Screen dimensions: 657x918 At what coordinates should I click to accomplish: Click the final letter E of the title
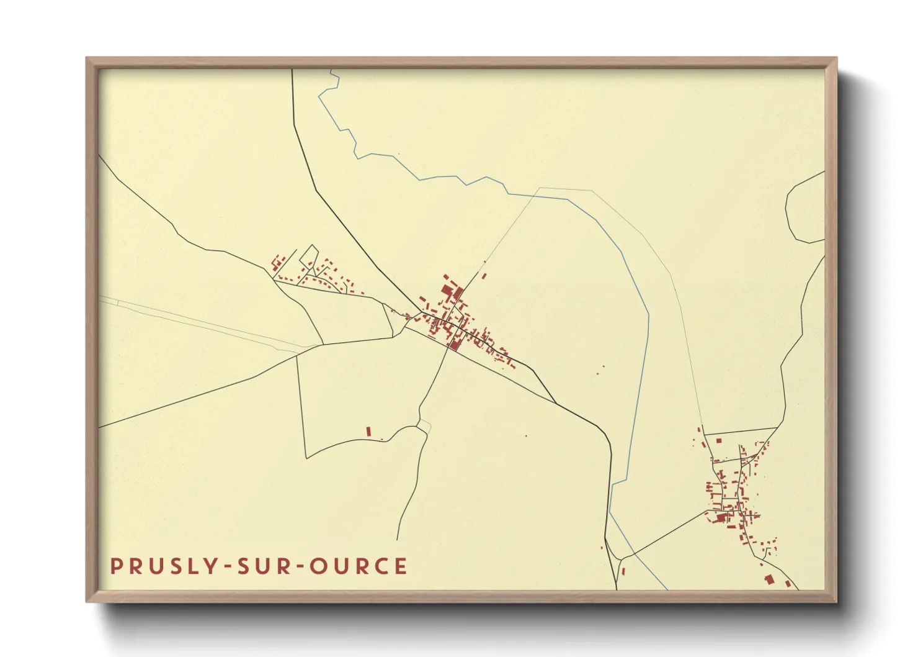point(401,566)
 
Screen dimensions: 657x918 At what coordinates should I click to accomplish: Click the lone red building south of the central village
point(368,431)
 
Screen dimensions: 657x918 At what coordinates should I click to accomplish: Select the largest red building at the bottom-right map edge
point(770,579)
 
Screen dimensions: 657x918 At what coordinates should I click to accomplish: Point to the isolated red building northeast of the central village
point(484,276)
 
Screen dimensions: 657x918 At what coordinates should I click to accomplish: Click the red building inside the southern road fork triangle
point(623,571)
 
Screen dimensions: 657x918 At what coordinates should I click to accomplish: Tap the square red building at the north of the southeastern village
point(719,440)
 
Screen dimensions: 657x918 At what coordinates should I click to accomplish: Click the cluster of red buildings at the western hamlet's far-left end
point(277,261)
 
